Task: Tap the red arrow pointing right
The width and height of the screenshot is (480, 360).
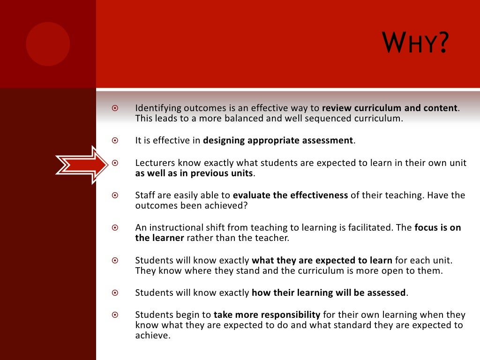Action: pos(82,164)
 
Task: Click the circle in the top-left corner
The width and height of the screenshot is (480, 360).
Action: pos(48,44)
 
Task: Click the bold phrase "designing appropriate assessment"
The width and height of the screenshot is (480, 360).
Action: pos(278,140)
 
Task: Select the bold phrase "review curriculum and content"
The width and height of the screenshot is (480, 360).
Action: pos(390,108)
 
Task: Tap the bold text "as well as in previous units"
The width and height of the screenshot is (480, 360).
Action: pos(194,173)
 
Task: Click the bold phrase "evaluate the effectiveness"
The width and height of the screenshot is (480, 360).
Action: pos(290,195)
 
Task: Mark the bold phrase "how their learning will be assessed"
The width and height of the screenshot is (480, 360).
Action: pos(329,292)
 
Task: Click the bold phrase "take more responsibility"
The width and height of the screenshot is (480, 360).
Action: pos(267,315)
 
